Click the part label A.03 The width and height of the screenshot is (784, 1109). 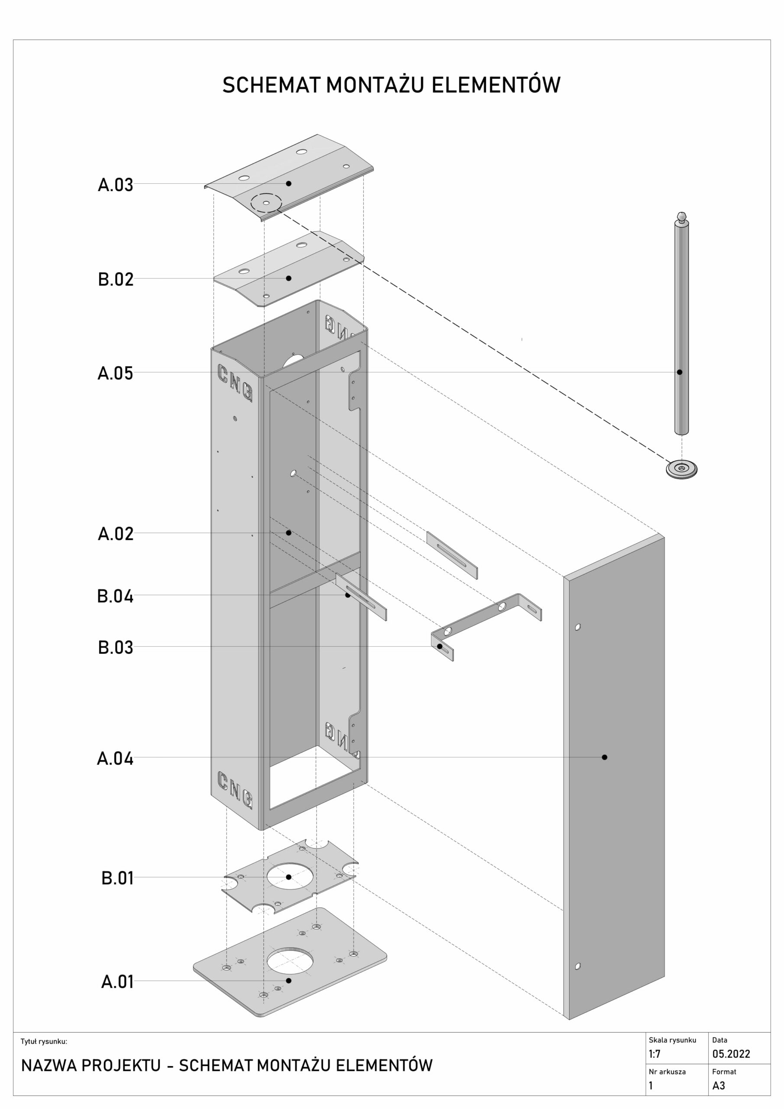point(116,185)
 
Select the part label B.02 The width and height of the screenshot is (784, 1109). point(116,280)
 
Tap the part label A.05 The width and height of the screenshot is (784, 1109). point(115,373)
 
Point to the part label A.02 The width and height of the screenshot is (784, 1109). point(116,534)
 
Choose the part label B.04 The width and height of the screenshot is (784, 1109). point(115,597)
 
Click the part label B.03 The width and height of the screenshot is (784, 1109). point(116,648)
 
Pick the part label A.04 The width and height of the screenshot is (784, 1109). point(115,759)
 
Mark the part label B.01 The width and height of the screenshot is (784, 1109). point(117,878)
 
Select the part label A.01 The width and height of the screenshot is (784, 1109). point(117,982)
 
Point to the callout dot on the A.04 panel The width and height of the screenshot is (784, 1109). point(604,757)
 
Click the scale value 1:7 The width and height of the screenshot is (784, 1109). point(654,1054)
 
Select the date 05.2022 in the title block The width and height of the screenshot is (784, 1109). point(731,1054)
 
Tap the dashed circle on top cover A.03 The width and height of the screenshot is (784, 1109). point(266,202)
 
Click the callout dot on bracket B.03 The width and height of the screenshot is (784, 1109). point(440,646)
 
